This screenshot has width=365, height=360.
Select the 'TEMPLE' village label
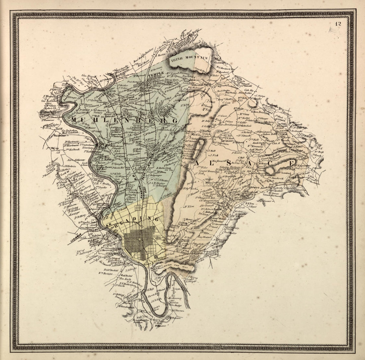point(156,74)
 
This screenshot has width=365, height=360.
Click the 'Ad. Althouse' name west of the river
point(76,160)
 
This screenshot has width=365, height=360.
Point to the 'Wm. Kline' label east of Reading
point(188,206)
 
